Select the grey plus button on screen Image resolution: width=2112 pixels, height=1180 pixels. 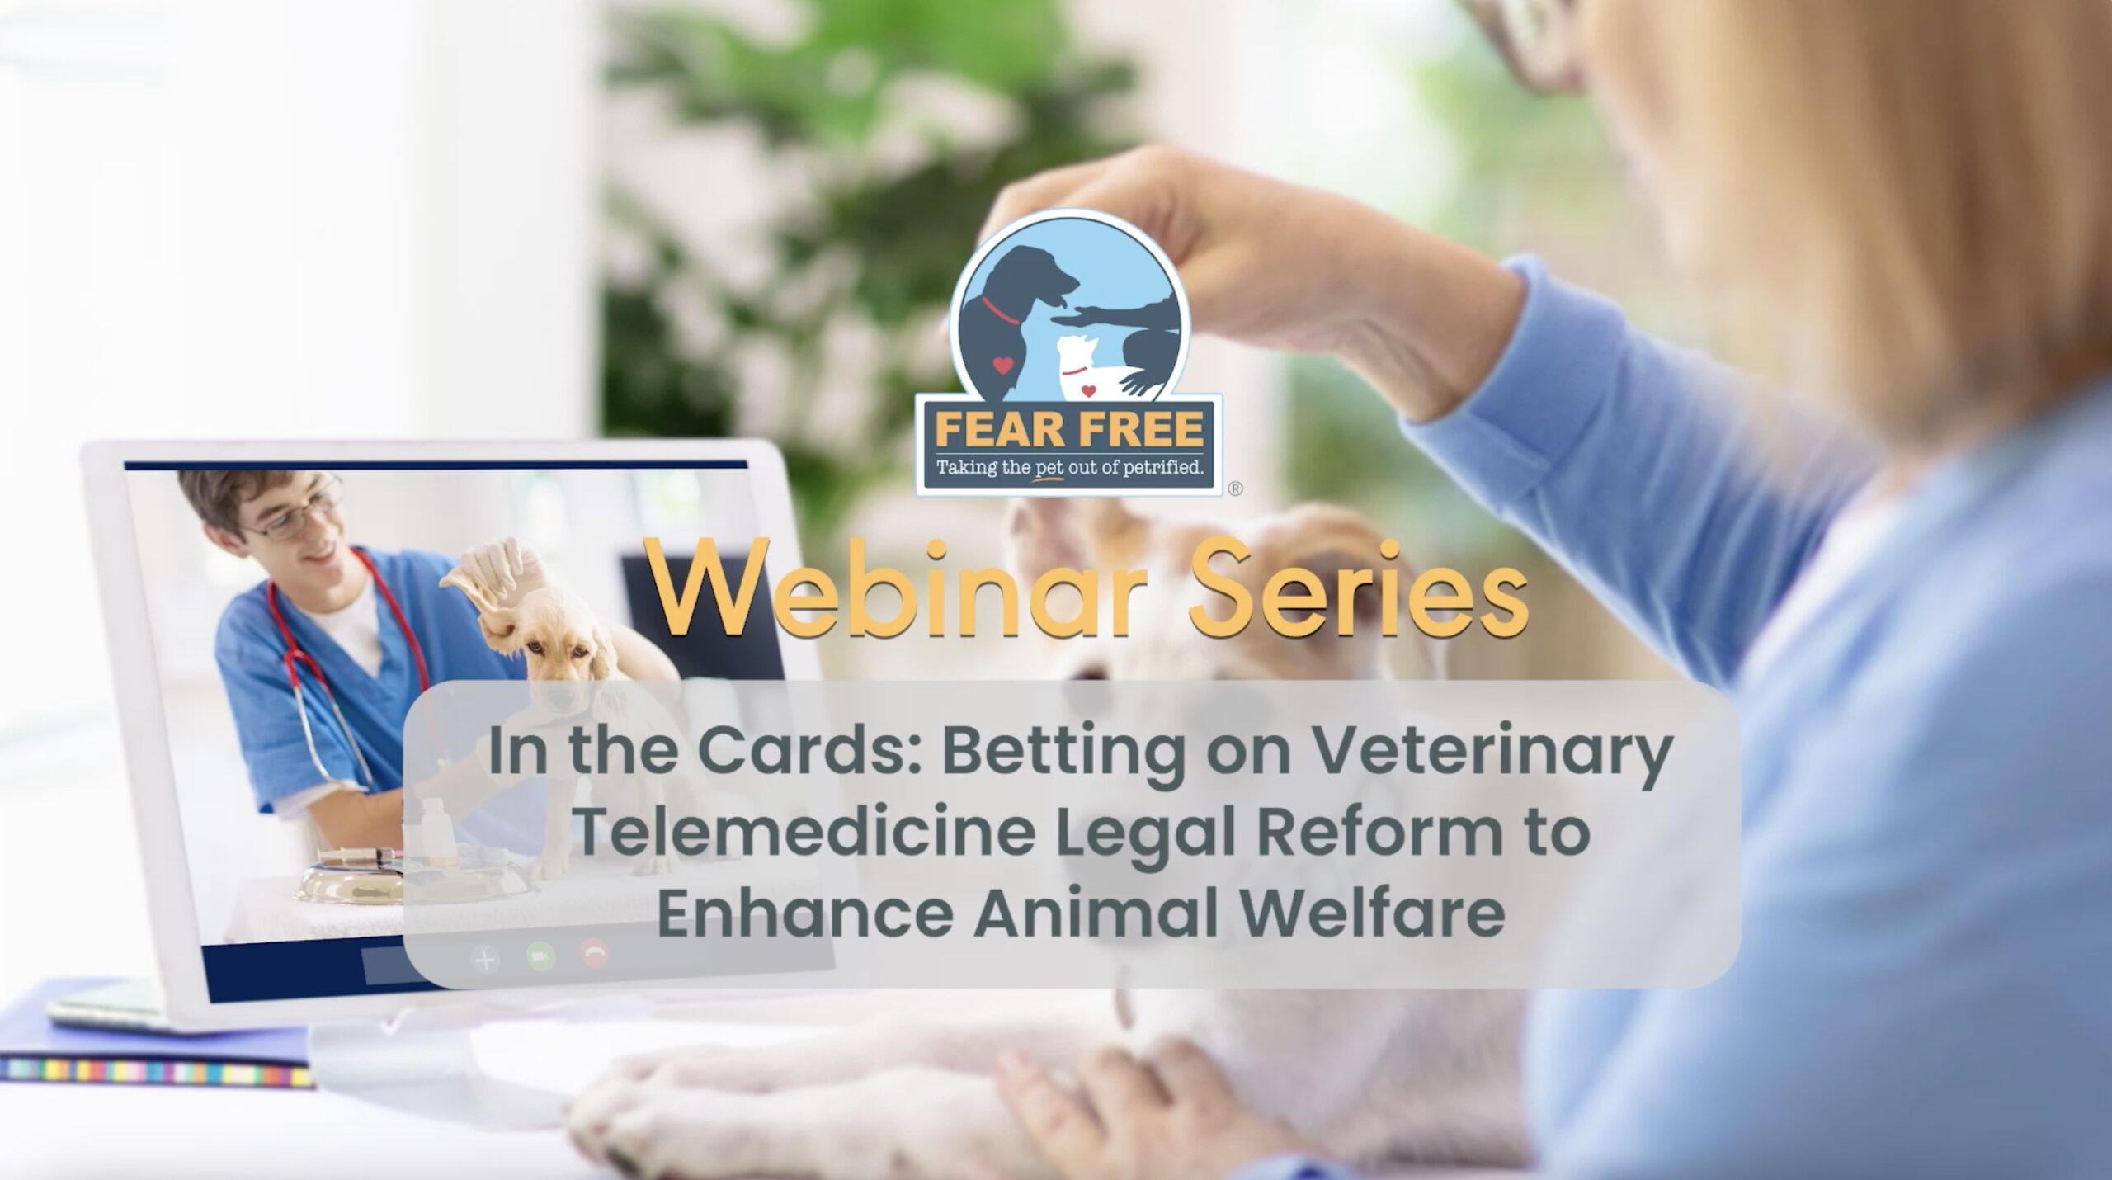[485, 960]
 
